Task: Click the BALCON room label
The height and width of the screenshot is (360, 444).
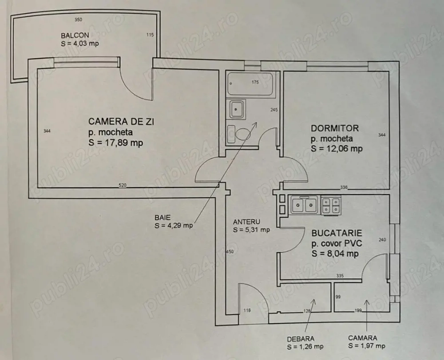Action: [x=75, y=36]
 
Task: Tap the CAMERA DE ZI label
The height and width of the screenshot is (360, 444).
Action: [x=116, y=121]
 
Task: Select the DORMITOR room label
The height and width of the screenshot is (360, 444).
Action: [x=334, y=128]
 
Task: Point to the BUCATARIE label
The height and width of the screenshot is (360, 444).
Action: [x=337, y=233]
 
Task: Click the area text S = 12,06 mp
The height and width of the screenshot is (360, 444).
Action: [x=337, y=149]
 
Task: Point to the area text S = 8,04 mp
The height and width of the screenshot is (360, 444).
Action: [x=335, y=254]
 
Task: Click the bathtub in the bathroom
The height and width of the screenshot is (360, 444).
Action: [x=250, y=84]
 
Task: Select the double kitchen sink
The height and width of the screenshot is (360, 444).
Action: [x=303, y=205]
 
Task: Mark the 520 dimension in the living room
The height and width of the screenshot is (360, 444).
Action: [x=123, y=185]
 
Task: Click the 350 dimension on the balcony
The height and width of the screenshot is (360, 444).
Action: [x=79, y=20]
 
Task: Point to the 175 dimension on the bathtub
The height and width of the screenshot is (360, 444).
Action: [x=255, y=83]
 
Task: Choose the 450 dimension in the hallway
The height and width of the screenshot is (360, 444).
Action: [x=230, y=252]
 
